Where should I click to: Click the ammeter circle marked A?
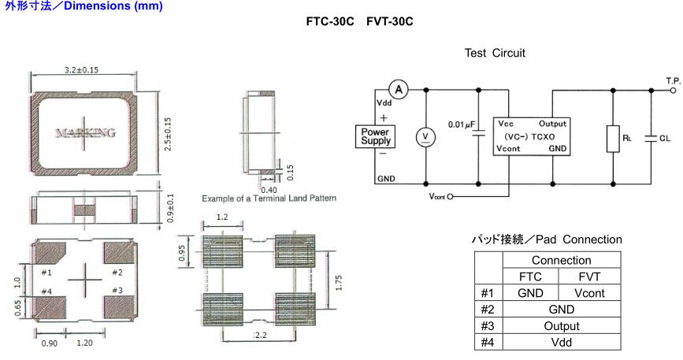[x=399, y=90]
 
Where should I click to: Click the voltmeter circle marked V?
[x=426, y=137]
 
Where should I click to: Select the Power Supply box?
[x=376, y=135]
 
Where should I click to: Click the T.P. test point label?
[x=672, y=80]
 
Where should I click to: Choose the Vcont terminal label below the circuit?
[x=436, y=196]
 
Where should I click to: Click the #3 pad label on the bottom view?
[x=117, y=291]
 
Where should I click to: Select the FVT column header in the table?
[x=588, y=276]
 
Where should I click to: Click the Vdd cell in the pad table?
[x=560, y=342]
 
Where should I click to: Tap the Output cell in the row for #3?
[x=560, y=325]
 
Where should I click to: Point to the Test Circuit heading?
[x=495, y=54]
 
